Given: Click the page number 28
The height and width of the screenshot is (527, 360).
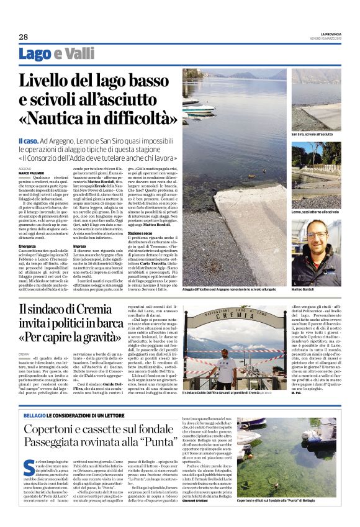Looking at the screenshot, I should (23, 37).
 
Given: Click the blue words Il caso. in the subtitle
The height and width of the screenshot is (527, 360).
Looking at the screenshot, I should (30, 142).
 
